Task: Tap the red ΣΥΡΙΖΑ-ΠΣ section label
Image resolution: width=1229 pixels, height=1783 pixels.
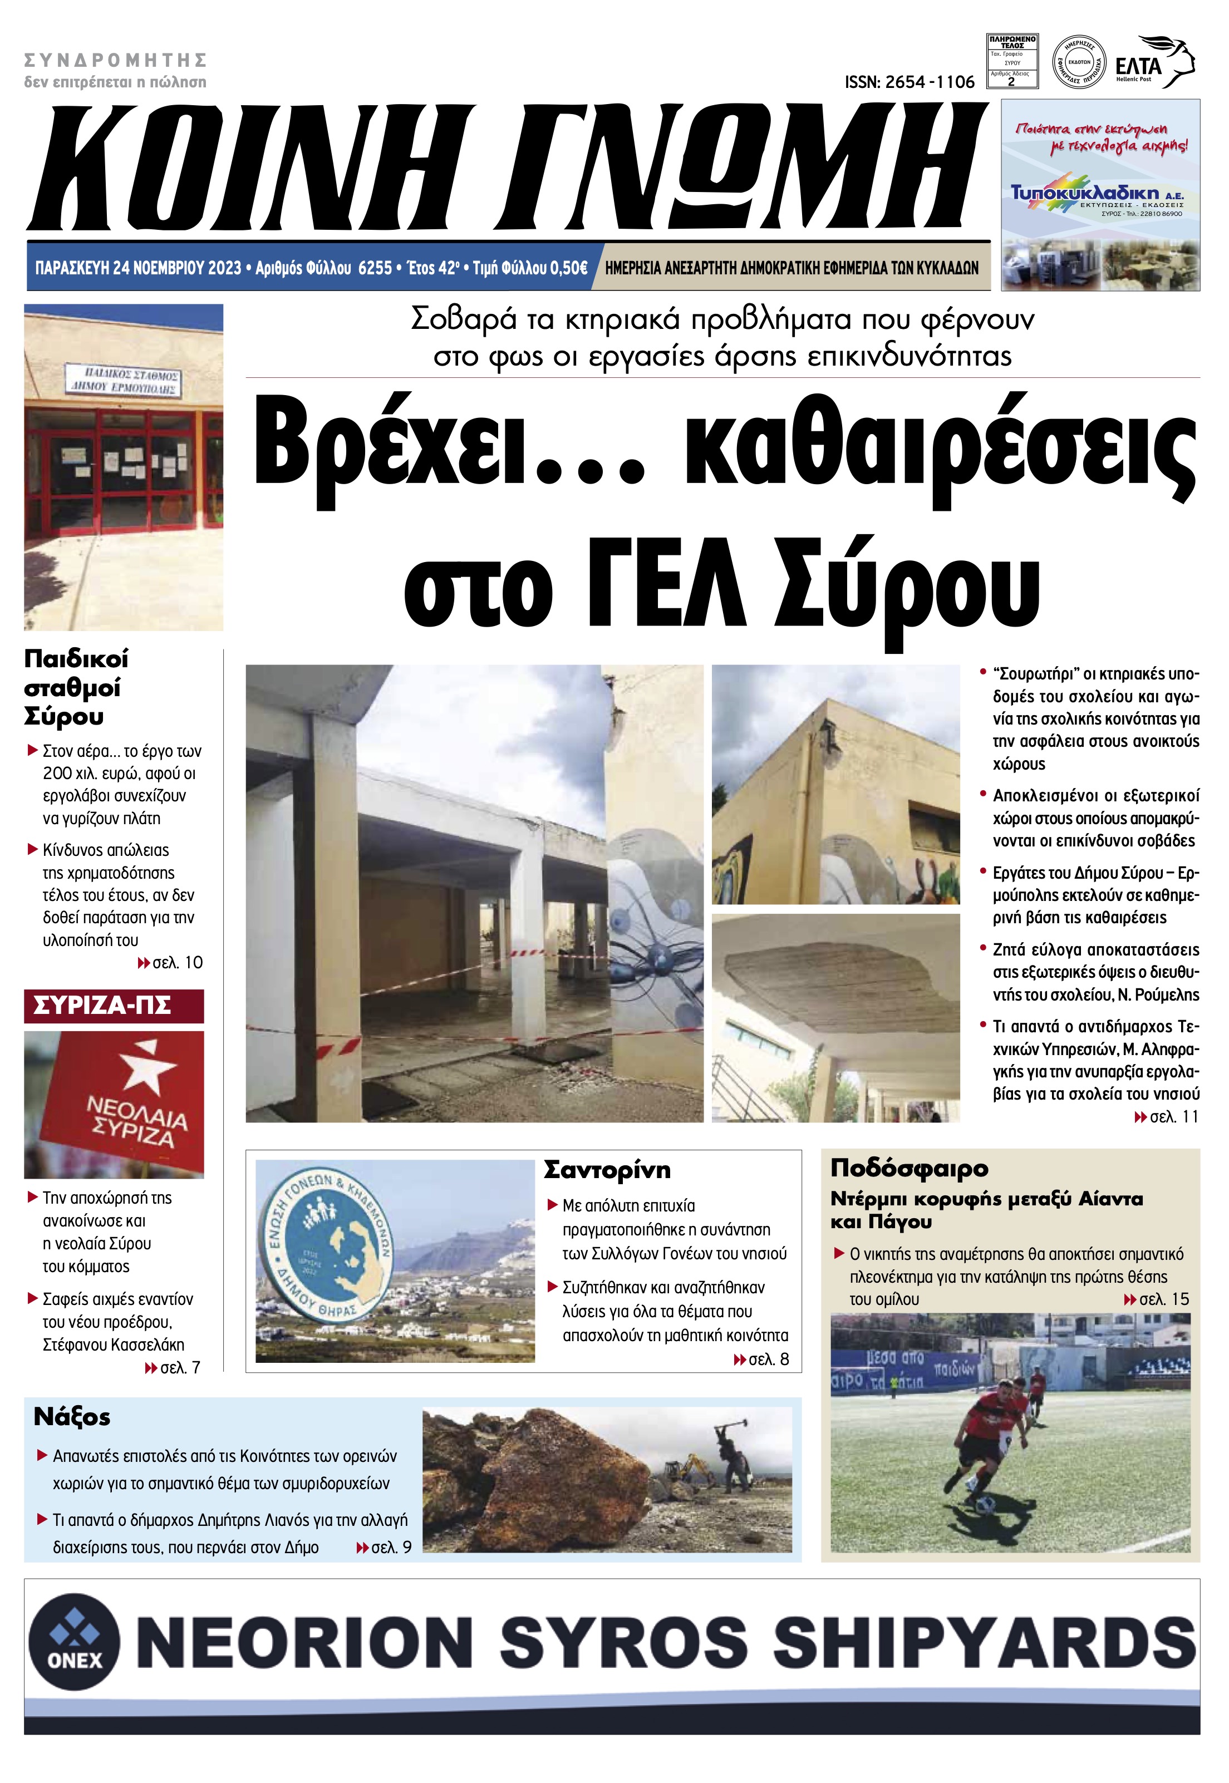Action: pyautogui.click(x=102, y=1006)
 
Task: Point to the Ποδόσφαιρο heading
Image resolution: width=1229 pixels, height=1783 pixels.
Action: pyautogui.click(x=908, y=1168)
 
